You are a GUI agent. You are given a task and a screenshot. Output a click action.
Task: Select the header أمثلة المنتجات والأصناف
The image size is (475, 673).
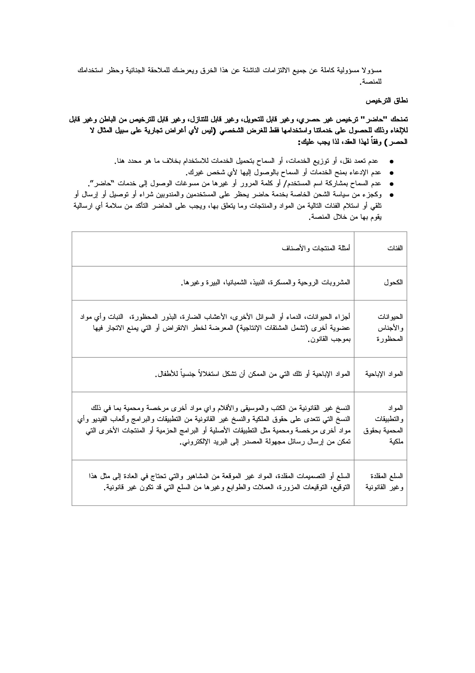316,248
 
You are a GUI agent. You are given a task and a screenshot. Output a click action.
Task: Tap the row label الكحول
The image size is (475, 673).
393,283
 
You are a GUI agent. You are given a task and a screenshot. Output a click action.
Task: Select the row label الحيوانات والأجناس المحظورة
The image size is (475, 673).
390,328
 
